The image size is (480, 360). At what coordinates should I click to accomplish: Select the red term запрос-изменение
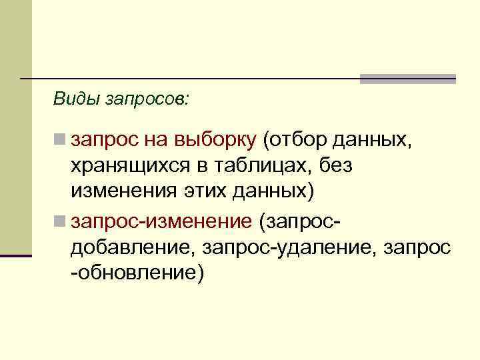coord(161,221)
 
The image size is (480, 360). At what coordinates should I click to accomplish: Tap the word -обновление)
coord(137,272)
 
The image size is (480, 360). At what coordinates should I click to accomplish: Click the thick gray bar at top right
coord(407,79)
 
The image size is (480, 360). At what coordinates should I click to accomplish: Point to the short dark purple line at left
coord(16,255)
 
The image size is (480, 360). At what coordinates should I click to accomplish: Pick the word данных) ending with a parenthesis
coord(275,191)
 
